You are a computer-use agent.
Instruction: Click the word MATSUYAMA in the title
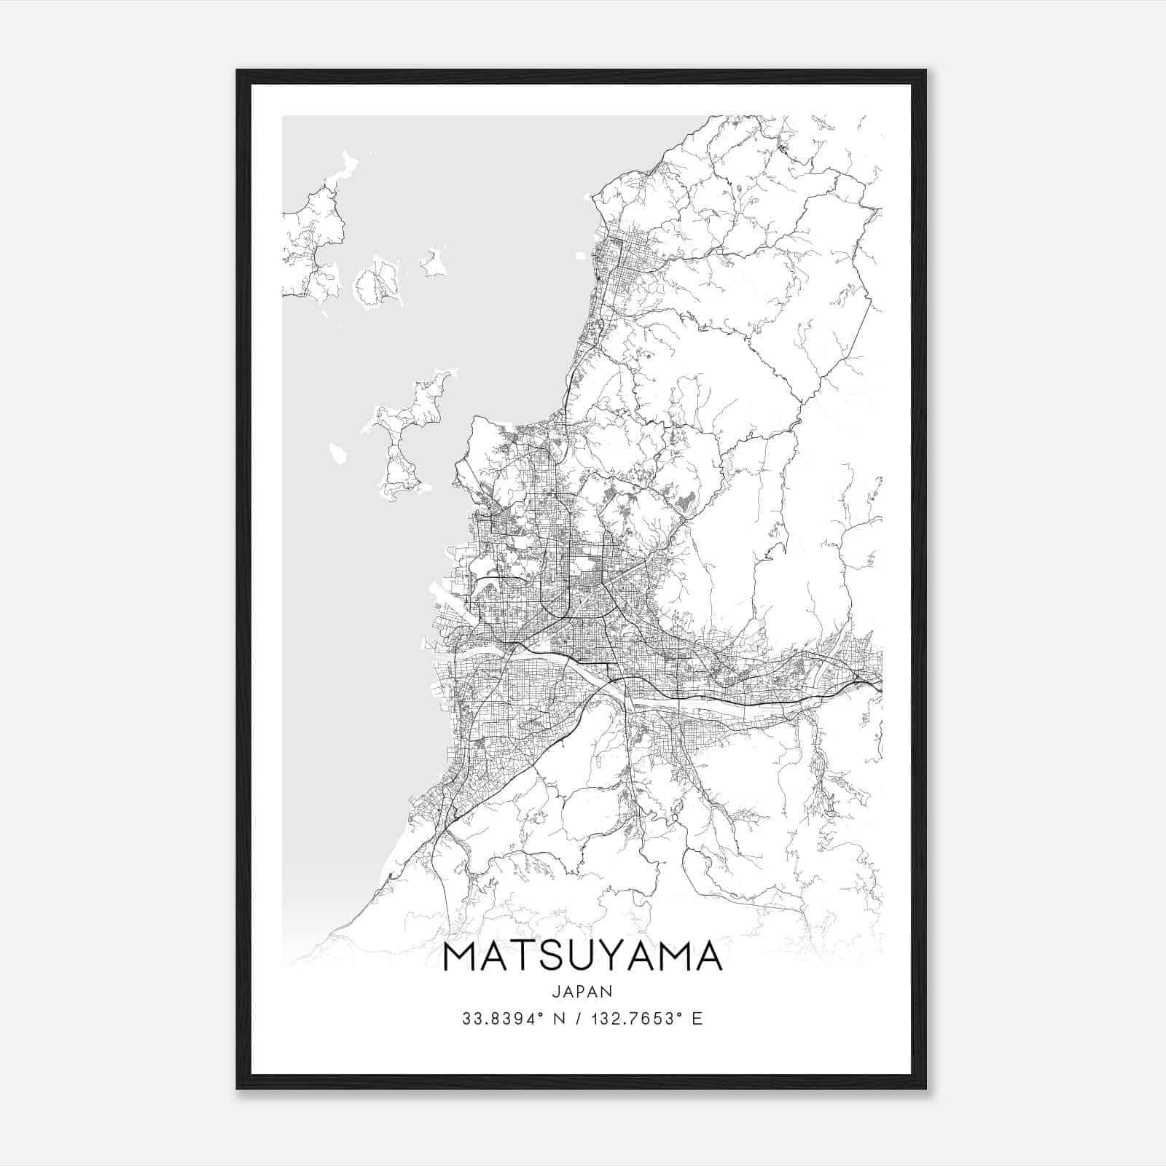[582, 957]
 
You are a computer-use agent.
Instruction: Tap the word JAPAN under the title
[582, 991]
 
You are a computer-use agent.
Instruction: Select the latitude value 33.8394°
[501, 1019]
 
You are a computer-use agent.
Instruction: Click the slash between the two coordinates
[580, 1019]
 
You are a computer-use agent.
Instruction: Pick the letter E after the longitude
[697, 1019]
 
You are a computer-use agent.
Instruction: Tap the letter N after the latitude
[560, 1019]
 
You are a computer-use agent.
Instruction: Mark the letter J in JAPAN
[555, 991]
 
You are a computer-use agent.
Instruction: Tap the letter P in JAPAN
[582, 991]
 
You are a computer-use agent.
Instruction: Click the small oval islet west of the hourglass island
[337, 453]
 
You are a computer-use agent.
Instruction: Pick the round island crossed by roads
[378, 281]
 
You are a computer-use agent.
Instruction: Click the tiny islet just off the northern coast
[581, 256]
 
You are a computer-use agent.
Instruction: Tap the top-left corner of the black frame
[238, 71]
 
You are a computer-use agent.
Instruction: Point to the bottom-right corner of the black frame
[926, 1089]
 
